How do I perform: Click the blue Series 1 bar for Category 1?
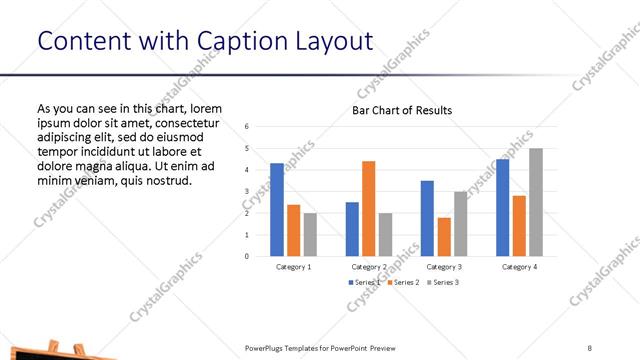(276, 209)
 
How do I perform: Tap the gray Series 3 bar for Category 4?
(536, 202)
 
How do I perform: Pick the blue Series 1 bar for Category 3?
(427, 218)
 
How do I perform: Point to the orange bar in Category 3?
(444, 236)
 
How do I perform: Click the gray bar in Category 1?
(310, 234)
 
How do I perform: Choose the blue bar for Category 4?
(502, 207)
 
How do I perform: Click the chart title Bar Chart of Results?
(402, 110)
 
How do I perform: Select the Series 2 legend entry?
(402, 283)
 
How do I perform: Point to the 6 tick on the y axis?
(247, 127)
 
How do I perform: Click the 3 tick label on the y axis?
(247, 191)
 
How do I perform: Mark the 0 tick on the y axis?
(247, 256)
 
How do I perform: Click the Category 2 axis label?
(369, 267)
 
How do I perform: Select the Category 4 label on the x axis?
(518, 267)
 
